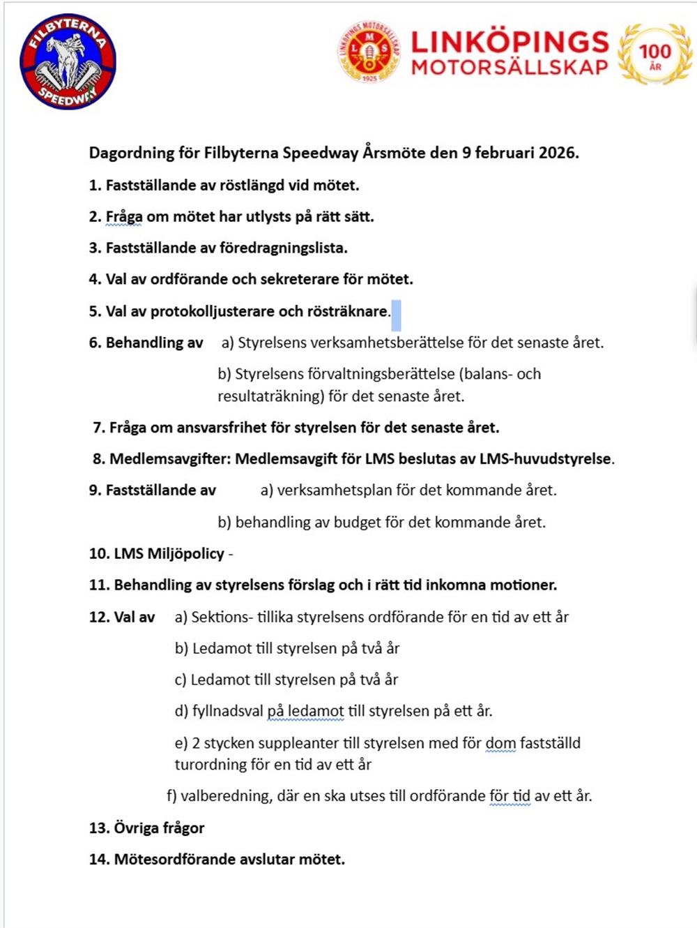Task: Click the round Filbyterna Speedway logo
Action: pyautogui.click(x=68, y=62)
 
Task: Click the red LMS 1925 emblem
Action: pyautogui.click(x=369, y=52)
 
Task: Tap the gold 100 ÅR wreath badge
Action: pyautogui.click(x=654, y=54)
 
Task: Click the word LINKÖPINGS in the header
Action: pyautogui.click(x=510, y=42)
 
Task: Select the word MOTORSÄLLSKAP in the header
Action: pyautogui.click(x=510, y=67)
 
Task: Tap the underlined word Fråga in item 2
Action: pyautogui.click(x=123, y=217)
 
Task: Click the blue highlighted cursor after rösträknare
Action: pyautogui.click(x=396, y=315)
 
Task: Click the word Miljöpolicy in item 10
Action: pyautogui.click(x=185, y=554)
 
